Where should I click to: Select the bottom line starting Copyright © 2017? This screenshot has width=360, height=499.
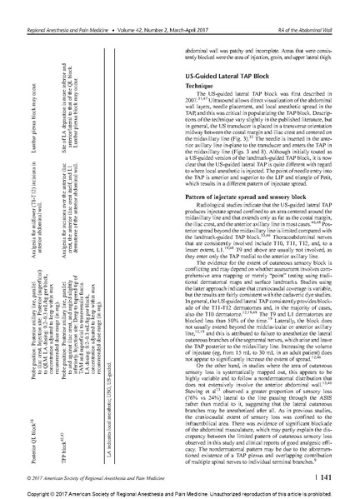pos(179,489)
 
